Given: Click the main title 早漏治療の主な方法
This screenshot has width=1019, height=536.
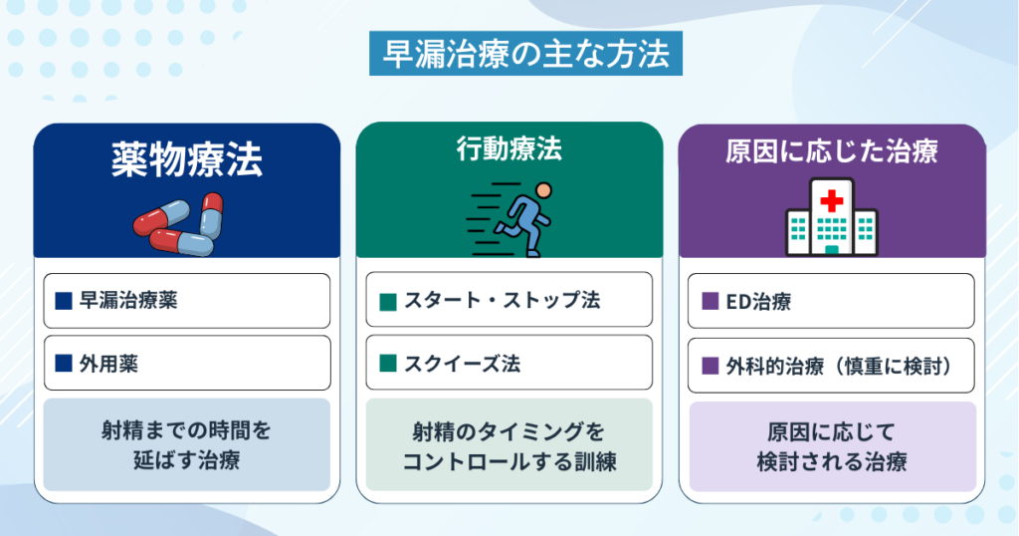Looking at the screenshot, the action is tap(525, 54).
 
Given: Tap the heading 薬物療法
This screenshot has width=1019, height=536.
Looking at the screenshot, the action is tap(187, 159).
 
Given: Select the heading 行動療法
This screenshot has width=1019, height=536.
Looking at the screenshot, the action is tap(509, 149).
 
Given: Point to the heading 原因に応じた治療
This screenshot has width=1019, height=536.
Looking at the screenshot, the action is tap(832, 151).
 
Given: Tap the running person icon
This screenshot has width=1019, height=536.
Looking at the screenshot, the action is tap(509, 220).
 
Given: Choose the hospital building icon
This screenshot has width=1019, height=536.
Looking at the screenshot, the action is tap(832, 216).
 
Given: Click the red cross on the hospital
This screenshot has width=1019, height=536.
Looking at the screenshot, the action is tap(832, 201).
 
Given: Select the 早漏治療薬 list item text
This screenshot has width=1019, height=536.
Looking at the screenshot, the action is tap(128, 301).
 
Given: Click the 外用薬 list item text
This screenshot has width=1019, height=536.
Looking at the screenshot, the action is tap(108, 364).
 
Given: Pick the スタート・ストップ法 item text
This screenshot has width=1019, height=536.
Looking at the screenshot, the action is tap(502, 300).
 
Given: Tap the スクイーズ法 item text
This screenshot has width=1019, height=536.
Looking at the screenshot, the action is tap(462, 364).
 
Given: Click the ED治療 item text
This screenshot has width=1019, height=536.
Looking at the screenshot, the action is tap(758, 302).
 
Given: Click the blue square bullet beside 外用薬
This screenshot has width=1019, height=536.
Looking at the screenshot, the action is tap(64, 364).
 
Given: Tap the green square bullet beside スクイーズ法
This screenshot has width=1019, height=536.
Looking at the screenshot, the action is tap(388, 364).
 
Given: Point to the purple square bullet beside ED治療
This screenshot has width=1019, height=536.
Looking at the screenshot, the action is tap(711, 301).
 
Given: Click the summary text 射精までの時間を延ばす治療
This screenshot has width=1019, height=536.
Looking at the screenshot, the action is tap(186, 445).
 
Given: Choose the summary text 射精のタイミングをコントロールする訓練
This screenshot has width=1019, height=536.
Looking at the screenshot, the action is tap(509, 446).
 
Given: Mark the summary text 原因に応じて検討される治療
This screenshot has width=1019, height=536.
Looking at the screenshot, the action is tap(832, 447).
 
